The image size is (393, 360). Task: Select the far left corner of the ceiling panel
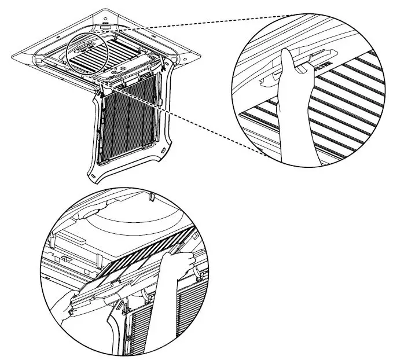tap(13, 56)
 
